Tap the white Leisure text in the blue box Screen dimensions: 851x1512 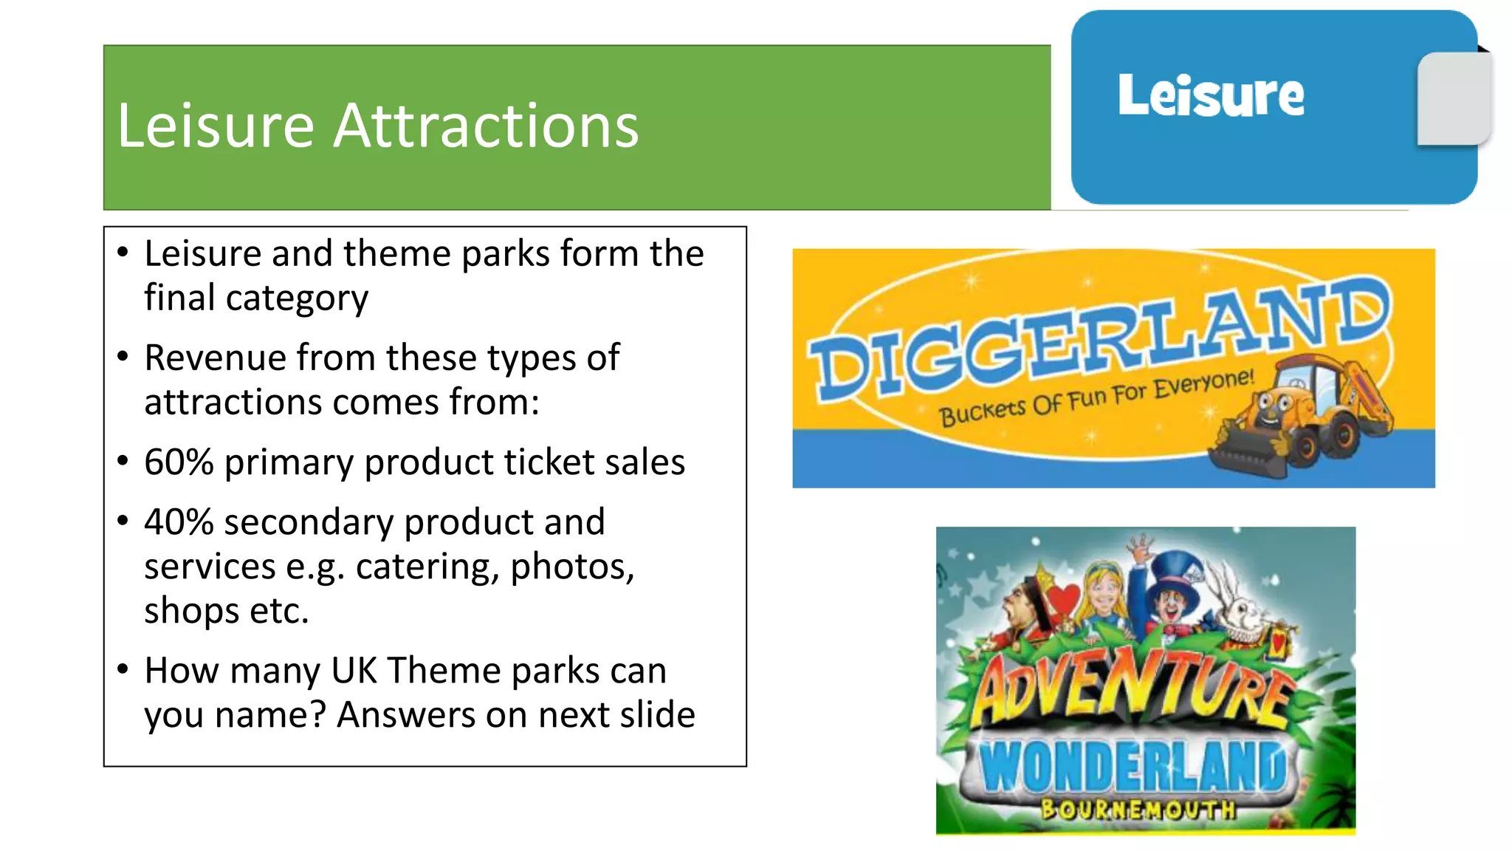1211,95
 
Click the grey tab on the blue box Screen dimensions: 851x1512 1453,99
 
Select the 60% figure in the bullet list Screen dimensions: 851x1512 179,462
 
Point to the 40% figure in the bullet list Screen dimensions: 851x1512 179,522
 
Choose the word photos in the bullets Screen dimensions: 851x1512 572,567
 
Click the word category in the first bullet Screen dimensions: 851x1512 297,298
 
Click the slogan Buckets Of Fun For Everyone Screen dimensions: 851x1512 1096,399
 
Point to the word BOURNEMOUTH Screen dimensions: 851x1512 1138,810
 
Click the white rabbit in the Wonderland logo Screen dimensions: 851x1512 1244,606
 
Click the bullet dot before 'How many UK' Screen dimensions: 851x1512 123,669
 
